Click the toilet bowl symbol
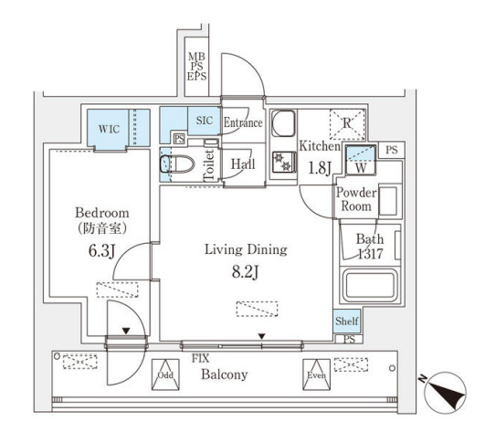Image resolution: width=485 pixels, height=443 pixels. coord(177,163)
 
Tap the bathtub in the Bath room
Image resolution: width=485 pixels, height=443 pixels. coord(370,286)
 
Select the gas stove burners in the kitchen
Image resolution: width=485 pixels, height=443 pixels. coord(283,162)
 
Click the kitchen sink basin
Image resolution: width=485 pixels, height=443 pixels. coord(283,123)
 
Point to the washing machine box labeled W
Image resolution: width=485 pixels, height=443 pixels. coord(361,160)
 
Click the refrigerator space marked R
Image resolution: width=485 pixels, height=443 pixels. coord(347,124)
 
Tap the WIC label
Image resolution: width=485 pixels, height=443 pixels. coord(109,129)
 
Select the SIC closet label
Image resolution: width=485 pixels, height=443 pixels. coord(205,121)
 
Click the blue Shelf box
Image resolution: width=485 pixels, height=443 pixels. coord(347,321)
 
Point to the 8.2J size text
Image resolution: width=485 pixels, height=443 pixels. coord(245,273)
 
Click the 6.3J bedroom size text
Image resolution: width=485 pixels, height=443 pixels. coord(101,251)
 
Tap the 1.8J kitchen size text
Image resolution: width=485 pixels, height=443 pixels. coord(320,169)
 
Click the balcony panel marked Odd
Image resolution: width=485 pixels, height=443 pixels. coord(165,374)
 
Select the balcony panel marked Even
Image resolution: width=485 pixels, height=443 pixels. coord(316,374)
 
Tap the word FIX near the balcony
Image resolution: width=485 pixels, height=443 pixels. coord(200,358)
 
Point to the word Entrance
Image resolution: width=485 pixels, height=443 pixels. coord(243,122)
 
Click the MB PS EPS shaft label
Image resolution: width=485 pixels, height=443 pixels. coord(196,67)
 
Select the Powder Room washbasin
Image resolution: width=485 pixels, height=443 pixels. coord(388,201)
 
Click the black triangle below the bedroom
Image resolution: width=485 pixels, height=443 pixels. coord(125,331)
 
